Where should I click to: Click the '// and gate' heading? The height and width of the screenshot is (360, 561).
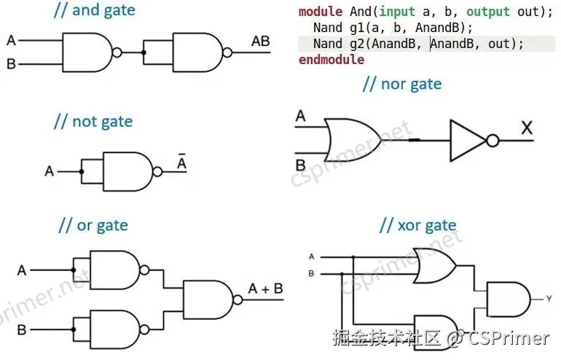(95, 11)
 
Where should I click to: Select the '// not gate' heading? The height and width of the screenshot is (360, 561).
(93, 121)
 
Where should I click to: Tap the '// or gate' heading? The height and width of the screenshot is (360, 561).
(93, 225)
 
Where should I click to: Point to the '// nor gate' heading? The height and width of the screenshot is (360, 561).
(401, 84)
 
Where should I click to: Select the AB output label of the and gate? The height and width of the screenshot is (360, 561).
(260, 41)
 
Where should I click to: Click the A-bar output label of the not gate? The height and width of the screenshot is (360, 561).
(182, 163)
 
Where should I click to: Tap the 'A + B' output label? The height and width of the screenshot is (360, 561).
(266, 289)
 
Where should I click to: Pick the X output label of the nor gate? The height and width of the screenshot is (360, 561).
(527, 128)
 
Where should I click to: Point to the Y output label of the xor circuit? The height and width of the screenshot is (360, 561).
(548, 297)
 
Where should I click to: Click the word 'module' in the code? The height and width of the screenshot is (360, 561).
(321, 12)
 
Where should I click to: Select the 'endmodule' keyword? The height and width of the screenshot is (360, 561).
(331, 60)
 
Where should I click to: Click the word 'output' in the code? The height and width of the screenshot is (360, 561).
(487, 12)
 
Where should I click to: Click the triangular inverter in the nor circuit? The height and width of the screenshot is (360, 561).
(468, 139)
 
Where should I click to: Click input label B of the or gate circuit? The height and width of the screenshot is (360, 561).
(22, 329)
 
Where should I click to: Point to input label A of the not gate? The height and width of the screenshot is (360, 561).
(49, 172)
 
